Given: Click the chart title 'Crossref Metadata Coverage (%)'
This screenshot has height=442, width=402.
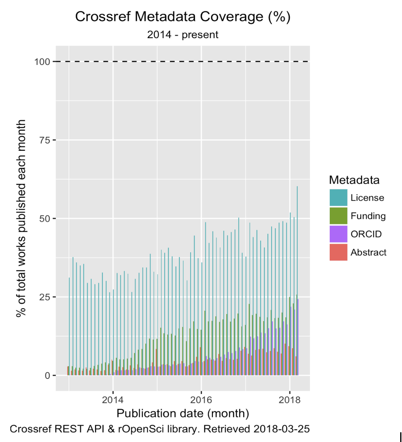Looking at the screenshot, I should (x=183, y=17).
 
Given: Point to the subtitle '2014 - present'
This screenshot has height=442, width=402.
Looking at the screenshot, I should (x=183, y=35).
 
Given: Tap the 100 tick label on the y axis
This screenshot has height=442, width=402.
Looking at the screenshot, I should (x=42, y=62).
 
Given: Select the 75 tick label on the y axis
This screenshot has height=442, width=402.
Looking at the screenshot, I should (x=45, y=140).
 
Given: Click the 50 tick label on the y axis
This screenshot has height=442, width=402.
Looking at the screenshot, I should (x=45, y=219).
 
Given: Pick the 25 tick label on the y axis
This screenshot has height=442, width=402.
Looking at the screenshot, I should (x=45, y=297).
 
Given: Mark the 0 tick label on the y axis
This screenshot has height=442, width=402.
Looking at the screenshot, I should (x=47, y=376).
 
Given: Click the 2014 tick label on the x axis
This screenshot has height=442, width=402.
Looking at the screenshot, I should (x=113, y=399).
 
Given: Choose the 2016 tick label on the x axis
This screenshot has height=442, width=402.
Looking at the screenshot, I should (x=201, y=399).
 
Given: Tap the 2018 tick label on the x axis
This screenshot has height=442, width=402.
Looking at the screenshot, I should (x=289, y=399).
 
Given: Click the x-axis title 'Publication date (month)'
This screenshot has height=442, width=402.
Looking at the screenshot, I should (x=183, y=413).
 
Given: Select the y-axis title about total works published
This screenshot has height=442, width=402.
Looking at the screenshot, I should (x=21, y=218).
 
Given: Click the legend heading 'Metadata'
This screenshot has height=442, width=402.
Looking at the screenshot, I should (x=354, y=180).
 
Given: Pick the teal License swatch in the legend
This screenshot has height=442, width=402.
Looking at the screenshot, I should (x=338, y=198).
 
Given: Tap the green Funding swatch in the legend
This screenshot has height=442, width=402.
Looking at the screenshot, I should (x=338, y=216).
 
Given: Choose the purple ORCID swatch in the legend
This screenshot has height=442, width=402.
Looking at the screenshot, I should (x=338, y=234).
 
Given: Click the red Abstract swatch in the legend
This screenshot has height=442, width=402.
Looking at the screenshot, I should (x=338, y=252).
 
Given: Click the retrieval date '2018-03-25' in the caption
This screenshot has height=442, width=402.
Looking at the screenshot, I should (x=281, y=429).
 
